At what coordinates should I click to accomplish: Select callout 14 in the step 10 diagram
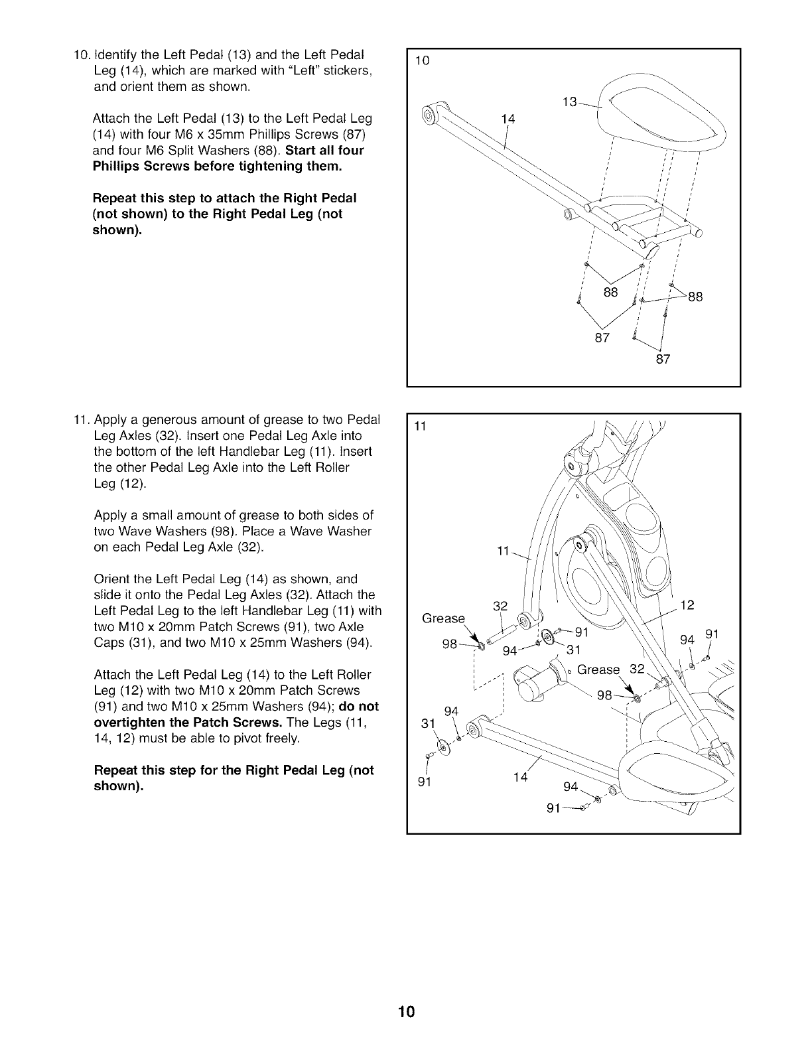(x=508, y=119)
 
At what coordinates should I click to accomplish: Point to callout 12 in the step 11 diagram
(x=687, y=604)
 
